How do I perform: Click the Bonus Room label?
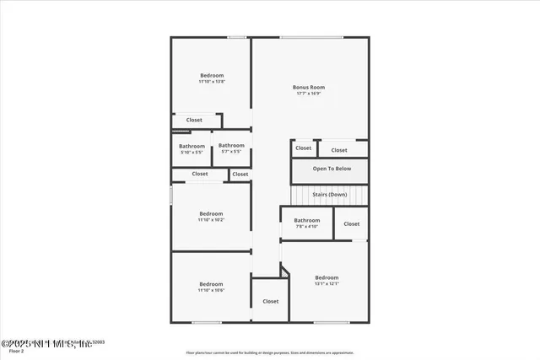click(x=309, y=87)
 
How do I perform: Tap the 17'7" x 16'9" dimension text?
click(x=309, y=94)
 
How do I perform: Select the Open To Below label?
click(x=332, y=169)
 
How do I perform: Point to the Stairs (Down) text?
click(x=330, y=195)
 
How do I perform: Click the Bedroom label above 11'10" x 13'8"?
click(x=211, y=75)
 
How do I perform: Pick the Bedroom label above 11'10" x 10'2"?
click(x=211, y=213)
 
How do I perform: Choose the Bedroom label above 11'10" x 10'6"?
click(x=211, y=284)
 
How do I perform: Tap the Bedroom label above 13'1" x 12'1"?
click(x=327, y=277)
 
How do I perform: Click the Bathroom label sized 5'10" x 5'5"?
click(x=192, y=146)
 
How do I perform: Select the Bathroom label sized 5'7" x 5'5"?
click(x=231, y=146)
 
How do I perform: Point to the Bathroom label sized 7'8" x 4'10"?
click(x=307, y=220)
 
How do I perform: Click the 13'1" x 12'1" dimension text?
click(x=327, y=284)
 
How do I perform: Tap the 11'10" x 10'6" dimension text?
click(x=211, y=291)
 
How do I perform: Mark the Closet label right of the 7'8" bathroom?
click(x=351, y=224)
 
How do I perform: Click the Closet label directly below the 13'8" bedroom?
click(x=194, y=120)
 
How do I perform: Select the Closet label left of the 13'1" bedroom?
click(x=270, y=301)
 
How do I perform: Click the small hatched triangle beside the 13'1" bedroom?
click(x=285, y=271)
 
